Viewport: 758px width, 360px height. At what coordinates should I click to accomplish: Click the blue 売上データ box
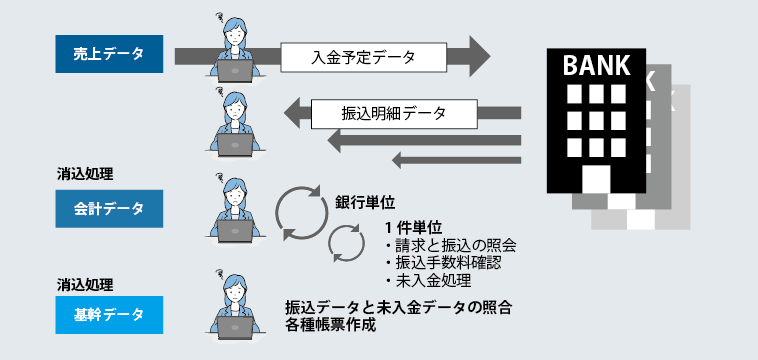109,55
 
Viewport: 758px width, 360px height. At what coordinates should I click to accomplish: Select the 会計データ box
109,209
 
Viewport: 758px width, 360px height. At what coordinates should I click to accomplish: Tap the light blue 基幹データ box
109,316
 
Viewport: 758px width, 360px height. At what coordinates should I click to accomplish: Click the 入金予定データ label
362,57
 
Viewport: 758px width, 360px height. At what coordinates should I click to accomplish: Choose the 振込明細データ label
379,112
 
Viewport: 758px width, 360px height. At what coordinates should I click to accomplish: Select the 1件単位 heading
413,229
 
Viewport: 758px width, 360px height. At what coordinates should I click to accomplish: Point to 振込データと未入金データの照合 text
399,308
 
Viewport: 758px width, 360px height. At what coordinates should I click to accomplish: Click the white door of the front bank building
596,179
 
